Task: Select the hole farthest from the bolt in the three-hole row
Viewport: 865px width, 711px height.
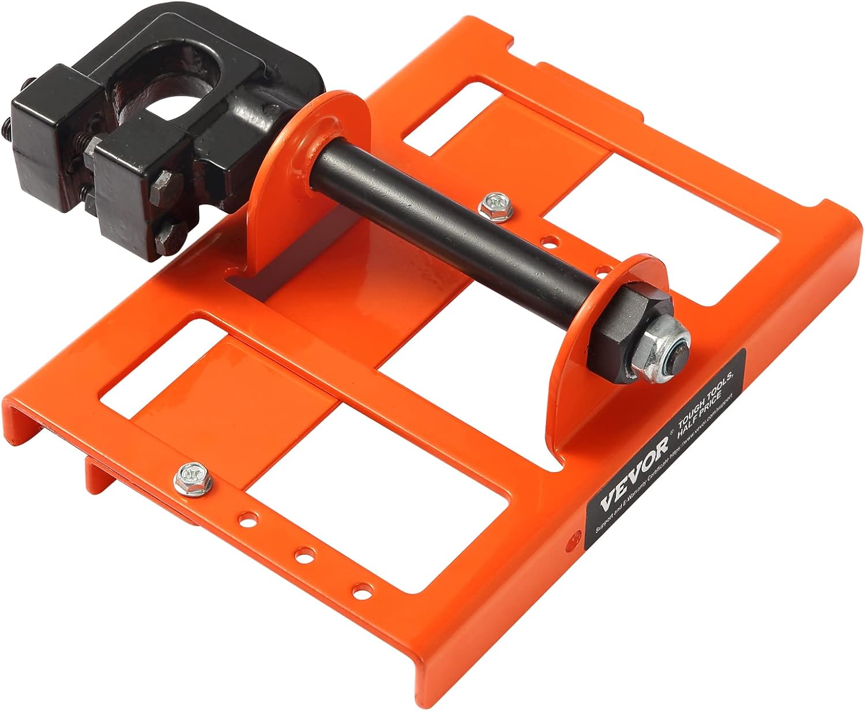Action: (x=362, y=590)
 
